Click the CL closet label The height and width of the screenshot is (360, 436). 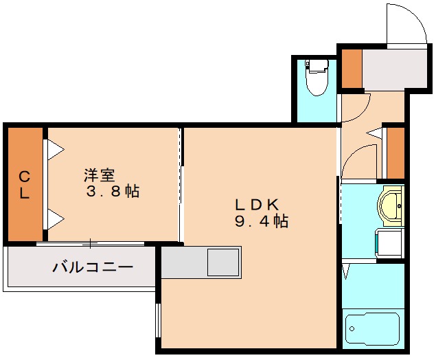point(24,184)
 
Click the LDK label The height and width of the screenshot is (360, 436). point(256,204)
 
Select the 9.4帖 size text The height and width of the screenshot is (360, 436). point(261,221)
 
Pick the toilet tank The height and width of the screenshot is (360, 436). point(316,67)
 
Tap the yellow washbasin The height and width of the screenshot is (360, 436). point(391,205)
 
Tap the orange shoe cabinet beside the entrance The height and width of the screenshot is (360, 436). point(352,68)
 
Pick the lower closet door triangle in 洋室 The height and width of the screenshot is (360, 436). point(53,219)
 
